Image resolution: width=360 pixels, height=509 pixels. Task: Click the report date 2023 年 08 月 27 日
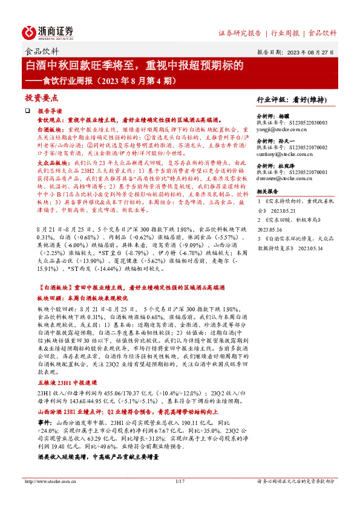point(309,52)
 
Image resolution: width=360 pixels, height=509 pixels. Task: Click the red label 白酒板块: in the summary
point(51,129)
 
